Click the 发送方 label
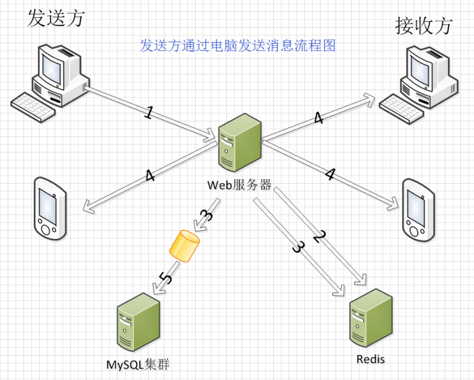(x=56, y=18)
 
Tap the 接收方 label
(x=424, y=25)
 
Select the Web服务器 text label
(x=239, y=184)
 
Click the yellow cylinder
(x=185, y=245)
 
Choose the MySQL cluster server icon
(x=137, y=324)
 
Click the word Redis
(x=371, y=359)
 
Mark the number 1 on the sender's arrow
(x=149, y=113)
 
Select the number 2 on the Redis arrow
(x=319, y=236)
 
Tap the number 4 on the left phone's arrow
(x=149, y=177)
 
